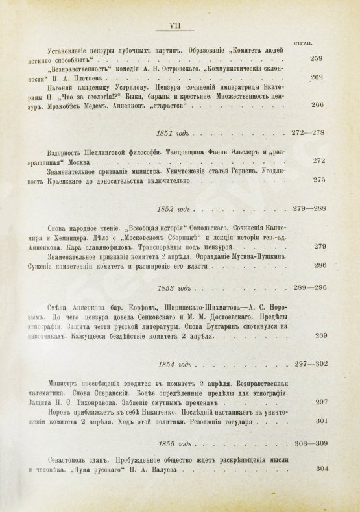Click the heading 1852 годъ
tap(173, 208)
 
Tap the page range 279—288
tap(309, 208)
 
